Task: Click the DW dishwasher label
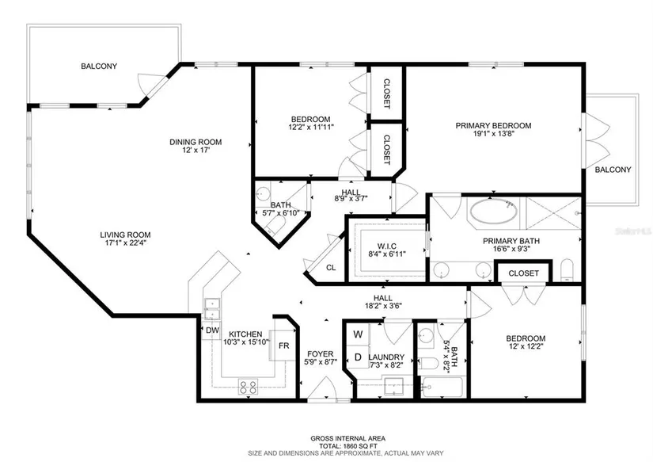(212, 330)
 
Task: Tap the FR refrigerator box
(284, 346)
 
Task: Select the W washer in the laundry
(358, 334)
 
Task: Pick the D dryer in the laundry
(358, 357)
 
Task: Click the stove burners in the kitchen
(248, 388)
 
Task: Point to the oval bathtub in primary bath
(494, 212)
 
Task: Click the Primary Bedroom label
(493, 125)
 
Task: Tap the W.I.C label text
(387, 246)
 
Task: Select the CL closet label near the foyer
(331, 268)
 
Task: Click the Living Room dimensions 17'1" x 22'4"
(125, 242)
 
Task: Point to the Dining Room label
(196, 142)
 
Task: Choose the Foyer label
(321, 354)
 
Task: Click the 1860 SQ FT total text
(347, 445)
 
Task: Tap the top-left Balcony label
(99, 66)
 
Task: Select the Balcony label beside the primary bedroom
(613, 170)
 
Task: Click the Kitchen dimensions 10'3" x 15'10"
(245, 342)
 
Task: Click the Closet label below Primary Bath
(523, 273)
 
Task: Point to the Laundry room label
(386, 357)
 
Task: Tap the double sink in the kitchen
(212, 308)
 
